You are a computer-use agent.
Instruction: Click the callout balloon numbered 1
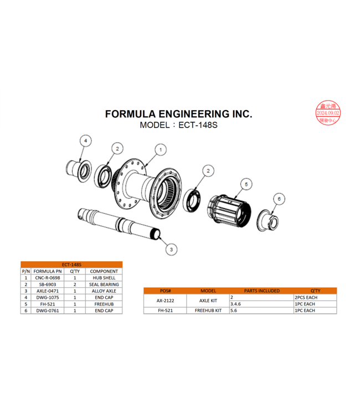[x=161, y=149]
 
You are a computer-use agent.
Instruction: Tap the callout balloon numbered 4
[x=85, y=142]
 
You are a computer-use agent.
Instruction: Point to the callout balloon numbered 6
[x=279, y=198]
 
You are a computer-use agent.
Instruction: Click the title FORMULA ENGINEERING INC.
[x=178, y=114]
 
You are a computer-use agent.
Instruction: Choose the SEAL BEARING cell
[x=104, y=284]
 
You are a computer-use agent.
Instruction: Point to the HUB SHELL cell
[x=104, y=278]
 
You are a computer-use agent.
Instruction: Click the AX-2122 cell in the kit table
[x=165, y=300]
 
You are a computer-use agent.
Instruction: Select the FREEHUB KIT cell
[x=208, y=310]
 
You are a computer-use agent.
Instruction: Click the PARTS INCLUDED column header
[x=261, y=290]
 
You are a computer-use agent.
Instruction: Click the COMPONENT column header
[x=104, y=271]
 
